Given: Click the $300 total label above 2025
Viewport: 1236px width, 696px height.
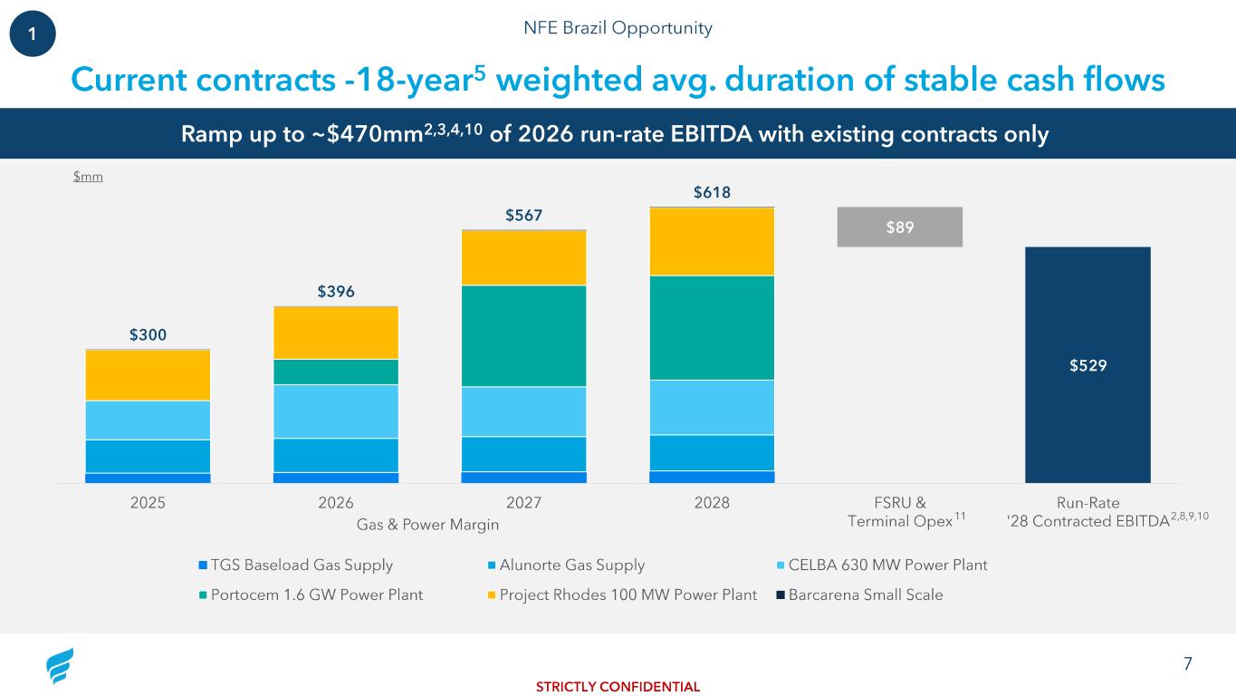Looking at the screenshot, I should tap(148, 335).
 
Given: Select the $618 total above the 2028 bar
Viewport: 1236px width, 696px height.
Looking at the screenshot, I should tap(712, 192).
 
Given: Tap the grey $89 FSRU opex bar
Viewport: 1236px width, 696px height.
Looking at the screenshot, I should tap(899, 227).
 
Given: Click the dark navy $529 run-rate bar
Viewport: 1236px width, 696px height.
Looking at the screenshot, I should tap(1087, 364).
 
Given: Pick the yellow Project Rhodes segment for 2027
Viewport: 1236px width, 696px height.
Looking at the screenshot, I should tap(523, 257).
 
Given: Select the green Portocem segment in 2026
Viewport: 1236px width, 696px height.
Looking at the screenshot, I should tap(336, 372).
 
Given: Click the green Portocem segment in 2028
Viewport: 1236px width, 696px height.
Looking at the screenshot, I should tap(712, 327).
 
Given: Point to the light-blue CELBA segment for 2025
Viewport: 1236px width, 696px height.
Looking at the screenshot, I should tap(148, 420).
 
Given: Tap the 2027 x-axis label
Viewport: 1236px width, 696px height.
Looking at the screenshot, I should tap(523, 504).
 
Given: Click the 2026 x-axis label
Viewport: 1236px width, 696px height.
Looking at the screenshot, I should tap(336, 504).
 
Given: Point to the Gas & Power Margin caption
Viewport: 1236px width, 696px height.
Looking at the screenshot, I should tap(428, 525).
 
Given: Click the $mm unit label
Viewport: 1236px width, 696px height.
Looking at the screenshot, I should tap(88, 177).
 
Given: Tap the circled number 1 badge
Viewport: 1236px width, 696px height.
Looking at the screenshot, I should tap(33, 33).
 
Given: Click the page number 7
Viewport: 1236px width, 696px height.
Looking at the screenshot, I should tap(1187, 664).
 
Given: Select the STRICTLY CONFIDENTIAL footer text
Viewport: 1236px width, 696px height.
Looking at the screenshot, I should tap(618, 686).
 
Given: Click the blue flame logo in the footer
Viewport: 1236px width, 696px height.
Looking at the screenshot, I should tap(60, 667).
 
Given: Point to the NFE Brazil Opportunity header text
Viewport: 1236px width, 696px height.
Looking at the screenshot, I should tap(618, 28).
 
